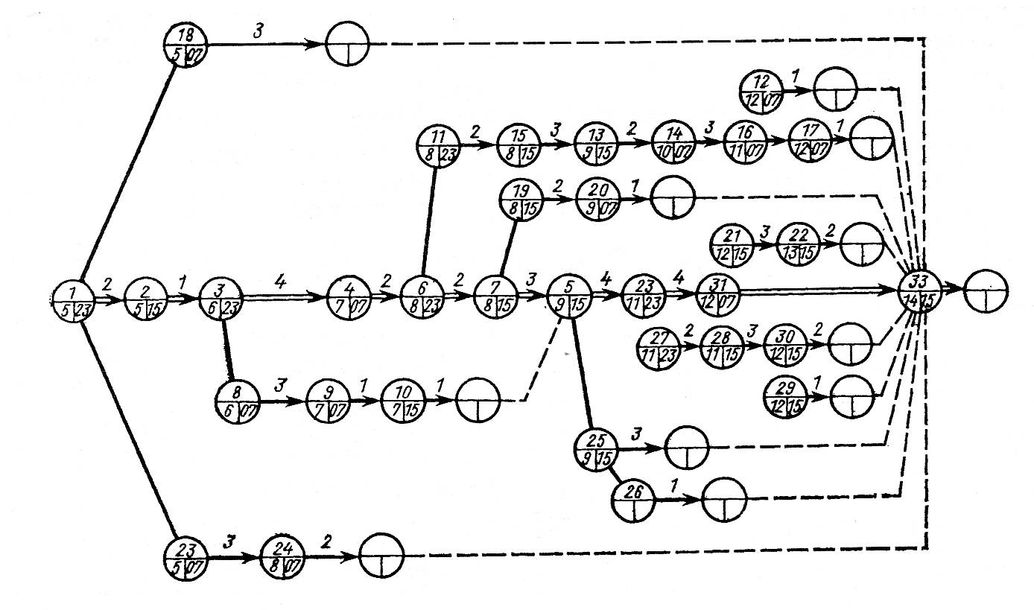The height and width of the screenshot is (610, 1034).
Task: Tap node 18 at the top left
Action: coord(185,45)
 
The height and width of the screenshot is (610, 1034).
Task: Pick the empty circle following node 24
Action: coord(381,556)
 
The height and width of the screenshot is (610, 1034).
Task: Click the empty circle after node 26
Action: coord(723,498)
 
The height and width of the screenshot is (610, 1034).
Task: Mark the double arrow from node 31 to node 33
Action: coord(819,293)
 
